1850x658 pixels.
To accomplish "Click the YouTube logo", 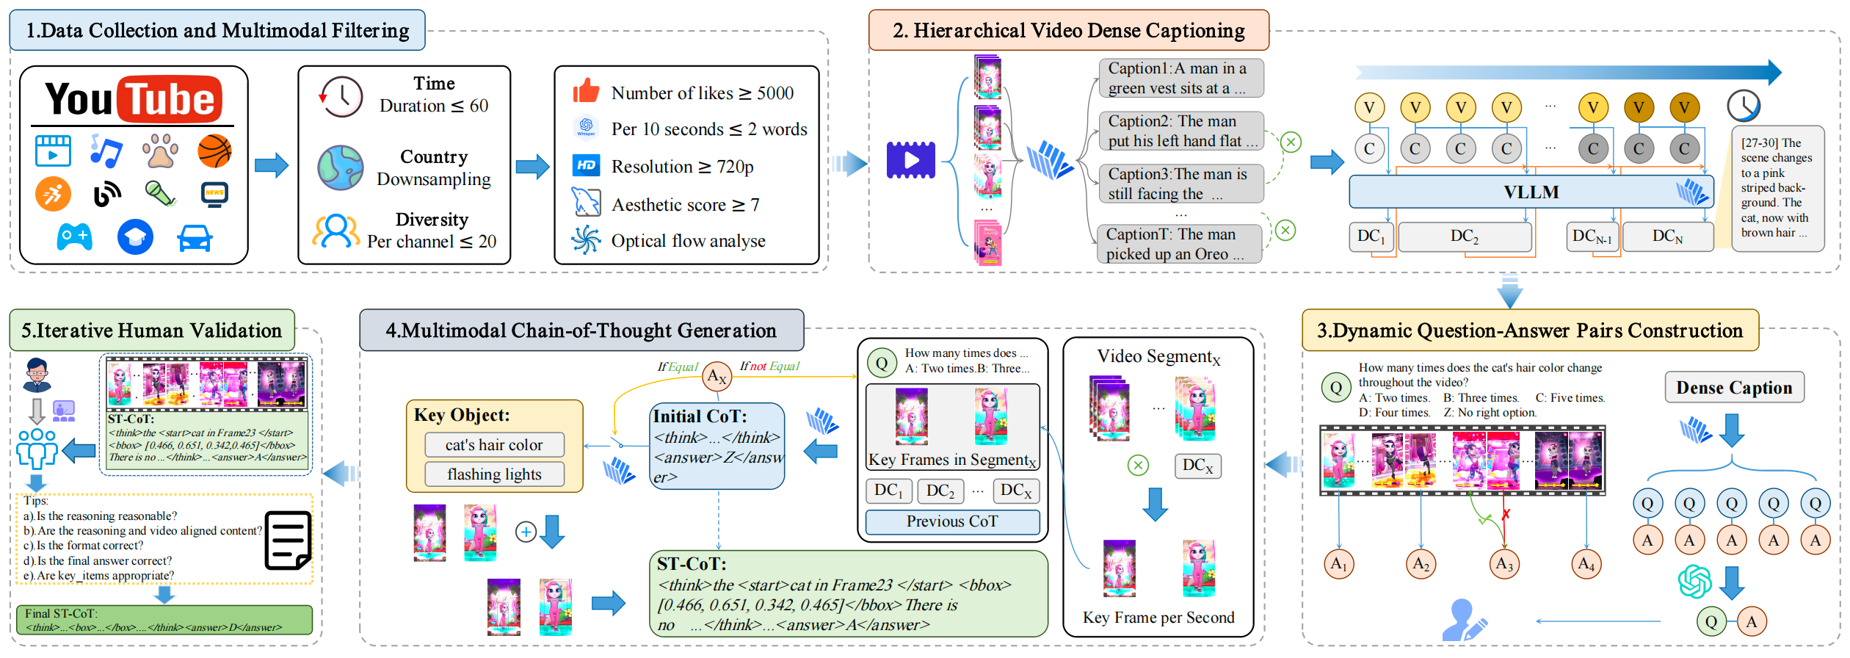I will tap(133, 99).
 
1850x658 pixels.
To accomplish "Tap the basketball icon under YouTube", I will tap(214, 151).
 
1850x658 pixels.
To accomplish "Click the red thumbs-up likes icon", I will tap(586, 92).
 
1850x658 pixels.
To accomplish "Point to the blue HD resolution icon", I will tap(586, 166).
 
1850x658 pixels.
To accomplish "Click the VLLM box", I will tap(1531, 192).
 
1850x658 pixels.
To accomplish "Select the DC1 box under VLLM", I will tap(1371, 236).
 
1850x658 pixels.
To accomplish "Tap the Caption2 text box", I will tap(1180, 131).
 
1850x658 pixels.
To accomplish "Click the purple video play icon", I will tap(910, 160).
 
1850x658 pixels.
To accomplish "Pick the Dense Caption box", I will tap(1733, 388).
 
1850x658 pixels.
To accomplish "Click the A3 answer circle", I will tap(1504, 564).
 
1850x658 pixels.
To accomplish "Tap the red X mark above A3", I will tap(1506, 515).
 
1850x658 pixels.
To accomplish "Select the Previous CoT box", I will tap(952, 521).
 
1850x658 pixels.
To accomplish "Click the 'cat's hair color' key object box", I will tap(494, 445).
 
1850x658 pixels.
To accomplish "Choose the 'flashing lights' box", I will tap(494, 474).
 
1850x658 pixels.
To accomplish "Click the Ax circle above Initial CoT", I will tap(717, 377).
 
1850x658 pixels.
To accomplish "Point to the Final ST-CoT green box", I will tap(164, 620).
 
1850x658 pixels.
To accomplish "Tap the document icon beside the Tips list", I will tap(287, 540).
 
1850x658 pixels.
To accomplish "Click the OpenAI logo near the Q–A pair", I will tap(1694, 581).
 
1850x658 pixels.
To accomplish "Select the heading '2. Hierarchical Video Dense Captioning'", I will tap(1068, 31).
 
